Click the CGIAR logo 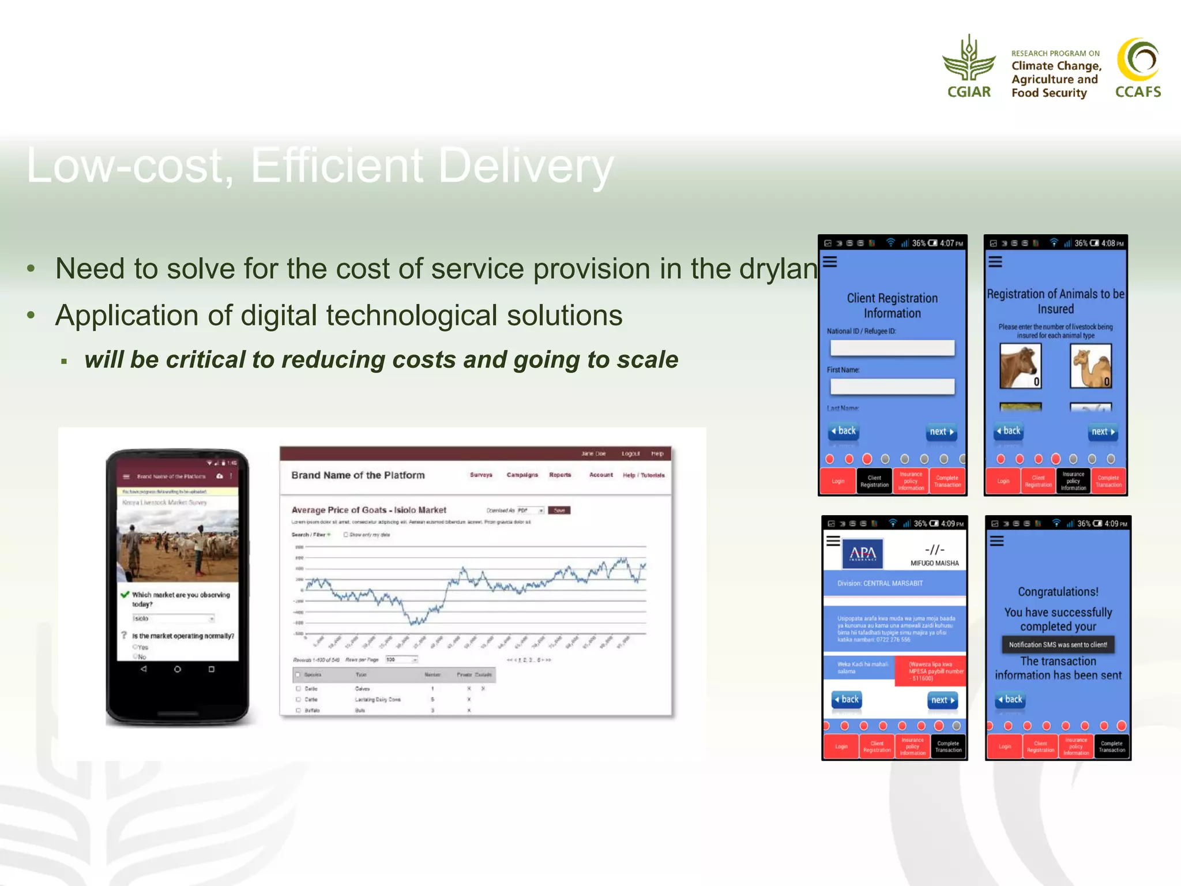coord(969,66)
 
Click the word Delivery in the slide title coord(525,166)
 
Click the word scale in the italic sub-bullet coord(647,359)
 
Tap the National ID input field coord(892,348)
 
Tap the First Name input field coord(892,386)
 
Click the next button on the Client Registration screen coord(942,431)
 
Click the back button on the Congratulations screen coord(1009,700)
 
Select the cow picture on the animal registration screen coord(1020,366)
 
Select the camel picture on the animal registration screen coord(1090,366)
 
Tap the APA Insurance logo coord(863,554)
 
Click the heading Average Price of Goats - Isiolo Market coord(368,510)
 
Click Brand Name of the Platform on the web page coord(358,475)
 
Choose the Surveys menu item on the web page coord(481,475)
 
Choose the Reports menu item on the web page coord(560,475)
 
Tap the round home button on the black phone coord(178,669)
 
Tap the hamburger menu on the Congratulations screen coord(997,541)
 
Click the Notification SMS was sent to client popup coord(1058,644)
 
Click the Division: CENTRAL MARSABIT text coord(880,583)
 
